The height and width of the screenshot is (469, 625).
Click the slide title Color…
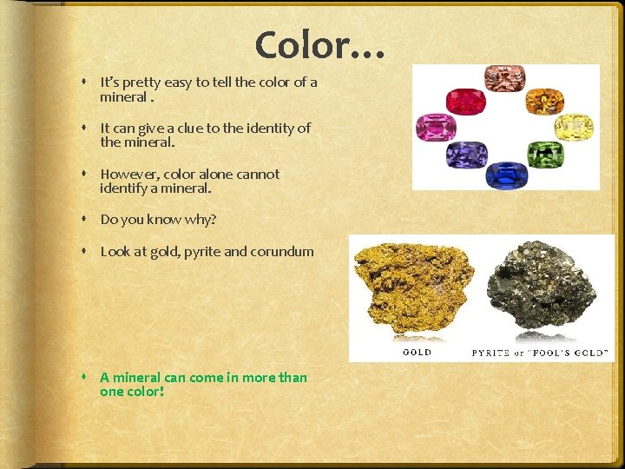coord(319,43)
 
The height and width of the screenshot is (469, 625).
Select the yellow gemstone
coord(573,127)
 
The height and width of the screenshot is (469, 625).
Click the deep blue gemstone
coord(506,174)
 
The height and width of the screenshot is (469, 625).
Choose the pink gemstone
coord(437,127)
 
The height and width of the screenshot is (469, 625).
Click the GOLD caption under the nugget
coord(418,353)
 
